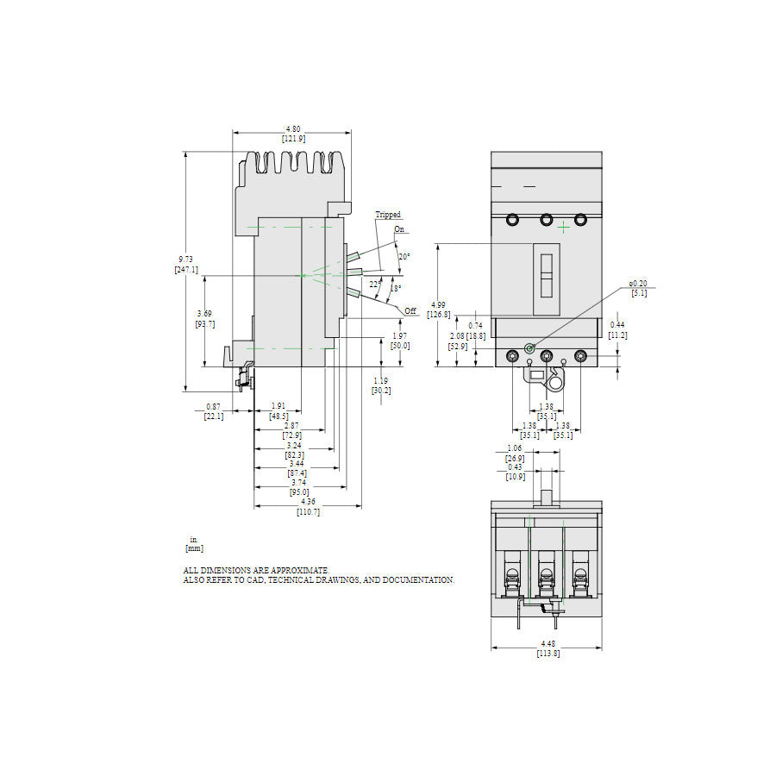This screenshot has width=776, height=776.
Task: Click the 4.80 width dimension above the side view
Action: pos(293,134)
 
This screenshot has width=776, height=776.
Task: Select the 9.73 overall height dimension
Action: pos(185,265)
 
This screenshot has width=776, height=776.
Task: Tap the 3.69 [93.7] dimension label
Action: pos(204,318)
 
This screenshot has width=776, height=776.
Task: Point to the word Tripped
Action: pos(387,215)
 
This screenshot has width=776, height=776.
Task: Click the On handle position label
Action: pos(399,229)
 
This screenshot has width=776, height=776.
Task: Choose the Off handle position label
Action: pos(410,310)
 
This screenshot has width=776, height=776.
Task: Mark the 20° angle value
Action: pos(404,257)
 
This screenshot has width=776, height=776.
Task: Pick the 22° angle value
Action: pos(374,284)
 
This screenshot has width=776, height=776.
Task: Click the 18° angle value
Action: pos(396,289)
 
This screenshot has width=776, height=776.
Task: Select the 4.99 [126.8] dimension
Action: pos(438,310)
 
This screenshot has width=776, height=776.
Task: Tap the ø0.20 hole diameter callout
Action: pos(638,288)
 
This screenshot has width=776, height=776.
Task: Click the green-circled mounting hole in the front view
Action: pos(529,347)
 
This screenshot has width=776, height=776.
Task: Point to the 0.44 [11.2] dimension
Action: pos(617,330)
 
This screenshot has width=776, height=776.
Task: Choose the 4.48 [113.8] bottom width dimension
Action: pos(547,648)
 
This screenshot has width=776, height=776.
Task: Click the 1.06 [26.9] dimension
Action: pos(514,454)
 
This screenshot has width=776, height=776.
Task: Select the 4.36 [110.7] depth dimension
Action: pos(308,506)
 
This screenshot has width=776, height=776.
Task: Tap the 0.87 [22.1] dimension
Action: pos(214,411)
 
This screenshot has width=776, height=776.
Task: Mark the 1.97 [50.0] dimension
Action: pos(400,341)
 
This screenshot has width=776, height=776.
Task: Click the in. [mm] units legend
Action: pos(194,544)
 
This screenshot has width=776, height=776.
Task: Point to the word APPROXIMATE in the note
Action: pos(299,571)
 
